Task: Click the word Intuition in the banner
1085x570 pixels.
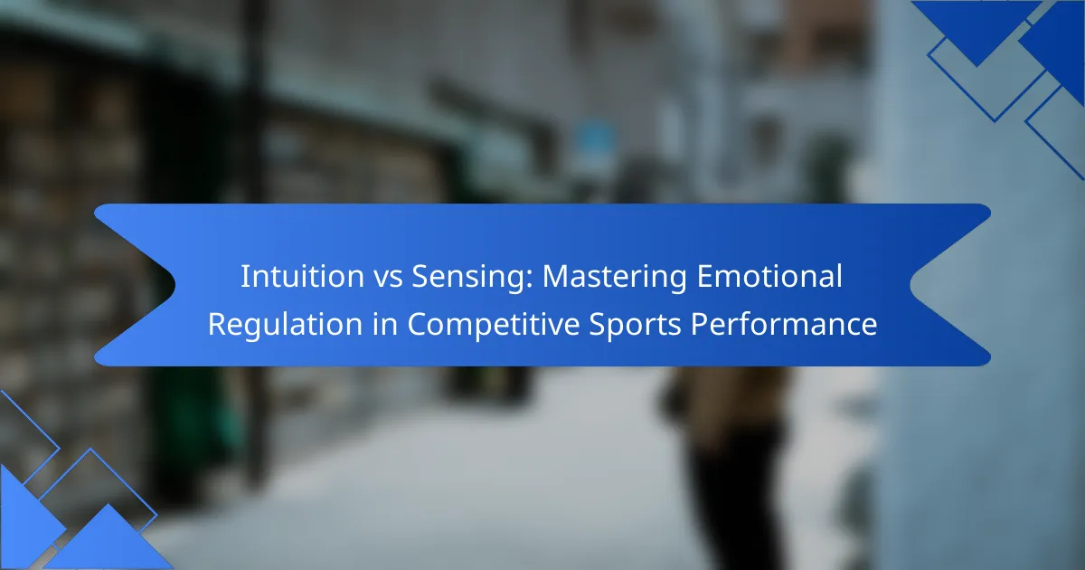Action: (x=302, y=276)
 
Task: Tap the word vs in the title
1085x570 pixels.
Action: (x=388, y=278)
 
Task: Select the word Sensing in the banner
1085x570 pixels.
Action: (x=467, y=278)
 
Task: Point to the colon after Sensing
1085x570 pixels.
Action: (x=529, y=280)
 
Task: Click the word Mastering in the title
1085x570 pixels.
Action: (x=614, y=278)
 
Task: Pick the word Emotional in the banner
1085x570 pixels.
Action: (x=769, y=276)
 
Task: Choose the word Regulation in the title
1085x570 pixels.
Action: (x=285, y=324)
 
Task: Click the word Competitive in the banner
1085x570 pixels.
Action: (x=493, y=325)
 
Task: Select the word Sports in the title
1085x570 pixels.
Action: (x=635, y=325)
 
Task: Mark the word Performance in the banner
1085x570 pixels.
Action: (x=783, y=324)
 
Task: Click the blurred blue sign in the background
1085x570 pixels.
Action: (x=592, y=140)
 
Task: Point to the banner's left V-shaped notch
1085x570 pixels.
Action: (x=175, y=285)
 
